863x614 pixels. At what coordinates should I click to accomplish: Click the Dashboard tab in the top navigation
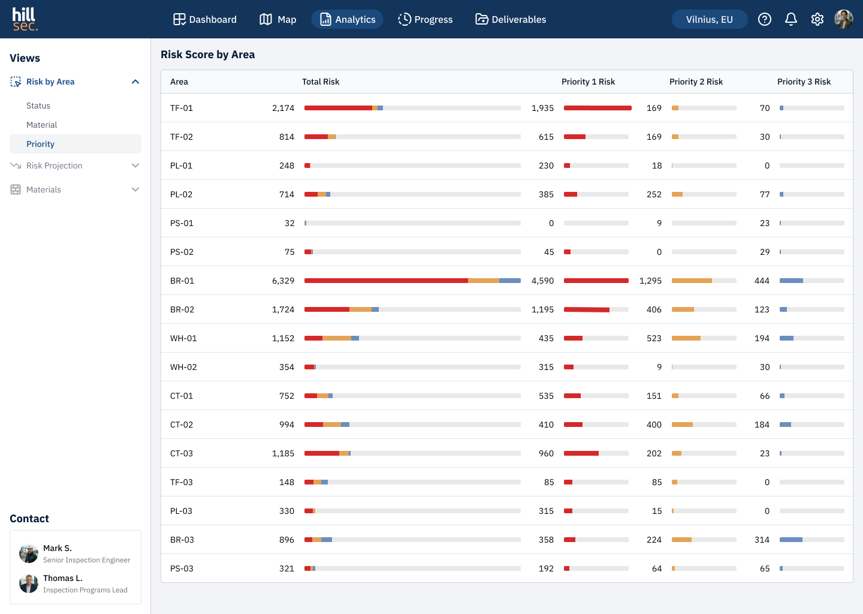tap(204, 19)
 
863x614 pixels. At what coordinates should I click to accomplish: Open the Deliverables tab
tap(511, 19)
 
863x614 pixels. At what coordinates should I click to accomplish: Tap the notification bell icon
tap(791, 19)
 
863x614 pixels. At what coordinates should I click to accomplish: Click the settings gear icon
tap(817, 19)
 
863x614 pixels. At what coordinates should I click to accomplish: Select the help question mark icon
tap(765, 19)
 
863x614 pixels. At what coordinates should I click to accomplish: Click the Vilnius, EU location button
tap(710, 19)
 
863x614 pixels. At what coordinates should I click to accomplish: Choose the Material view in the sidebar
tap(41, 125)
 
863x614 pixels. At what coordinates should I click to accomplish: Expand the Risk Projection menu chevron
tap(135, 165)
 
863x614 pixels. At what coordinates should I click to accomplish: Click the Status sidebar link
tap(38, 106)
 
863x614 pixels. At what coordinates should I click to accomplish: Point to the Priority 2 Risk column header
tap(696, 82)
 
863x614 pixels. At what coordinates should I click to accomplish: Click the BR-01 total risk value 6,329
tap(283, 281)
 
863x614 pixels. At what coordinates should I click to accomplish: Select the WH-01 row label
tap(183, 338)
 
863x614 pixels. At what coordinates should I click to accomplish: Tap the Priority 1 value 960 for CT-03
tap(546, 453)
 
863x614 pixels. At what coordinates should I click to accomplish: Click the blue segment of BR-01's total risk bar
tap(509, 281)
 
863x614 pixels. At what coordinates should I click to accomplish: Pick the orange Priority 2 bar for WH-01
tap(686, 338)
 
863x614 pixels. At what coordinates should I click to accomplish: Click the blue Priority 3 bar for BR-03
tap(791, 540)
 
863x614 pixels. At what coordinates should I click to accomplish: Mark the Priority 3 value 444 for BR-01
tap(762, 281)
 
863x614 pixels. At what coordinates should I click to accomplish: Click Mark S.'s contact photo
tap(29, 553)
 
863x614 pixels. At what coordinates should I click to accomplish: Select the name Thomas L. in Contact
tap(63, 578)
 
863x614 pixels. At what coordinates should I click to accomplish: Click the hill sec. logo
tap(25, 19)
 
